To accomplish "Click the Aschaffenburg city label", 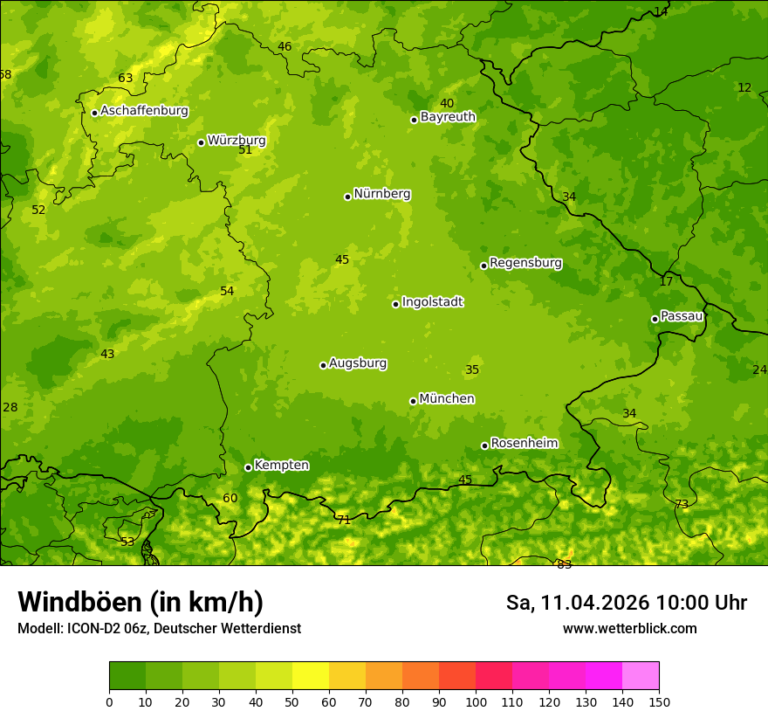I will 144,111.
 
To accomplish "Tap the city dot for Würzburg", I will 201,142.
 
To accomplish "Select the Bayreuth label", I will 448,117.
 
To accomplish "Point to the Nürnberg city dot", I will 347,197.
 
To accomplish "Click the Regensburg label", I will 525,263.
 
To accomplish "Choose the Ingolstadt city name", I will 432,302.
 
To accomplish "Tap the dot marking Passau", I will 655,319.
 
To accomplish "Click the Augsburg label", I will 358,363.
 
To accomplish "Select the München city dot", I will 413,401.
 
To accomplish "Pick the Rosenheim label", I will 524,444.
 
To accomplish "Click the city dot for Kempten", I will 248,467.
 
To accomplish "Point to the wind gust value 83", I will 565,564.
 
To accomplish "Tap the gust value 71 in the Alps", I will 344,520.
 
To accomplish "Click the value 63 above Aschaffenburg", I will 126,78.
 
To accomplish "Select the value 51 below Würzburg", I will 245,150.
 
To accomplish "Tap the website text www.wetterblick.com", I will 629,628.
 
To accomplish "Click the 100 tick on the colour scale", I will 476,701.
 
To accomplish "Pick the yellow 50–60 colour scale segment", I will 311,676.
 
